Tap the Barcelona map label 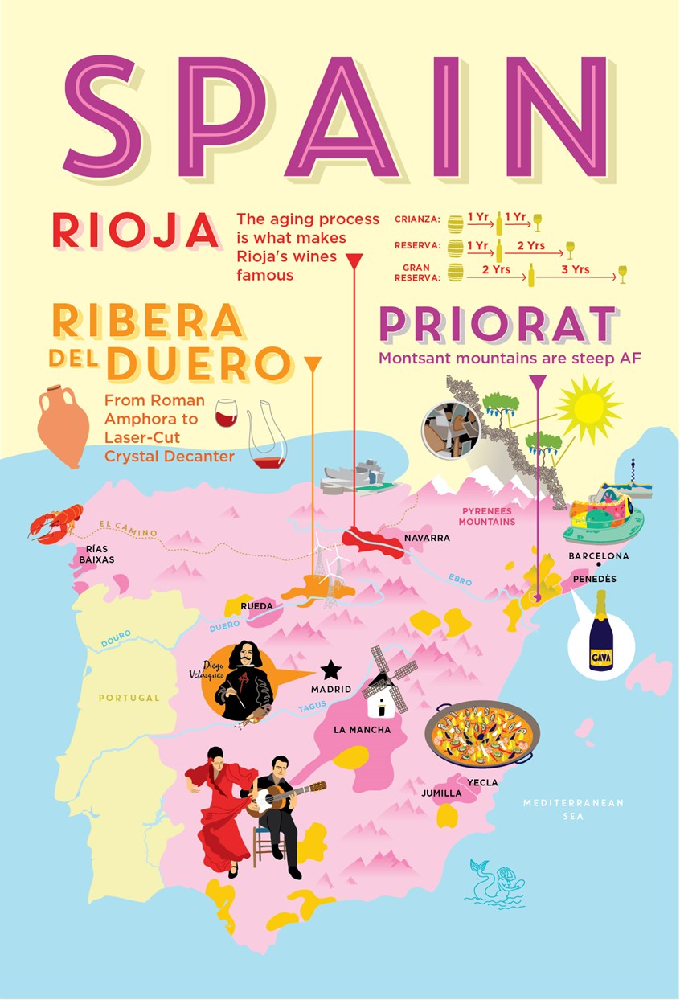(598, 556)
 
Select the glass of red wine (227, 412)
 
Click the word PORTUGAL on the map (129, 698)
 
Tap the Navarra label (427, 538)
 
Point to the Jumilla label (441, 793)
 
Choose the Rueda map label (257, 605)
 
